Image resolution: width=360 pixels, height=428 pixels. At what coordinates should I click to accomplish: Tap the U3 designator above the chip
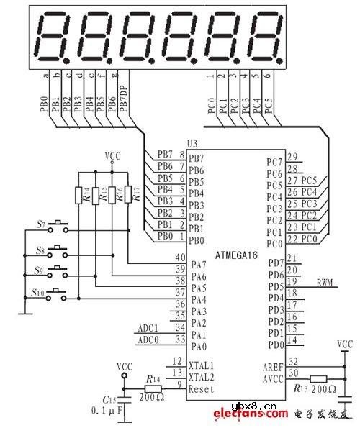tap(192, 145)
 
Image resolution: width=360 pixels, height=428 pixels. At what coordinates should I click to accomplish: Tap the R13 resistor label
tap(304, 388)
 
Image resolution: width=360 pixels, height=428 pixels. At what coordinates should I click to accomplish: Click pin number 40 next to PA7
tap(180, 258)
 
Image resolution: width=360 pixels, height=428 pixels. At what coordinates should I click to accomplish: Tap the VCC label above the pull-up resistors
tap(112, 155)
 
